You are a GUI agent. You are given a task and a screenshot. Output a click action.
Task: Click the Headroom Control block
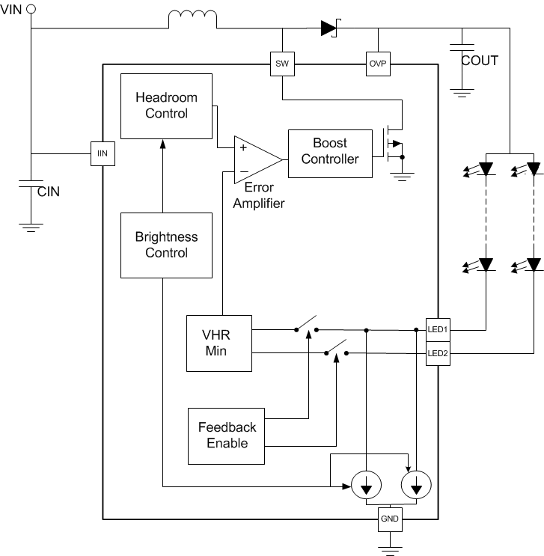click(x=166, y=106)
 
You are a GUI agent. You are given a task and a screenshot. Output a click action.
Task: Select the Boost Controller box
click(x=329, y=151)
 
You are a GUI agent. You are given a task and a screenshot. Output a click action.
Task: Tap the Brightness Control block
click(x=166, y=245)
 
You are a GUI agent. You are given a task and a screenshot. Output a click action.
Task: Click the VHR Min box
click(x=218, y=343)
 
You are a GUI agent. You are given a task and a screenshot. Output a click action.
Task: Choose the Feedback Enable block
click(x=227, y=436)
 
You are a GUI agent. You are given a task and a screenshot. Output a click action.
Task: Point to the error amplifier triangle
click(x=254, y=159)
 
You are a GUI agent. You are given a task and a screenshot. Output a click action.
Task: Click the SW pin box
click(x=282, y=64)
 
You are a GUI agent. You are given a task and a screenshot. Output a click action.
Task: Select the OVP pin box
click(x=377, y=64)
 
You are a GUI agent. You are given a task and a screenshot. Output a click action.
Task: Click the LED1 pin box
click(x=438, y=329)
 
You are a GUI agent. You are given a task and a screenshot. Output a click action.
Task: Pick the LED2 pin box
click(x=438, y=352)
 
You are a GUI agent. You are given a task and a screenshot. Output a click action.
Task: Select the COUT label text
click(x=480, y=61)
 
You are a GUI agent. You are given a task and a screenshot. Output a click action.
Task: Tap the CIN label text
click(x=49, y=191)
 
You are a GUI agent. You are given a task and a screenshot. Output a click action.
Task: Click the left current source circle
click(x=366, y=487)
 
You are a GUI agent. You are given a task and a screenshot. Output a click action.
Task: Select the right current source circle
click(x=415, y=487)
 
